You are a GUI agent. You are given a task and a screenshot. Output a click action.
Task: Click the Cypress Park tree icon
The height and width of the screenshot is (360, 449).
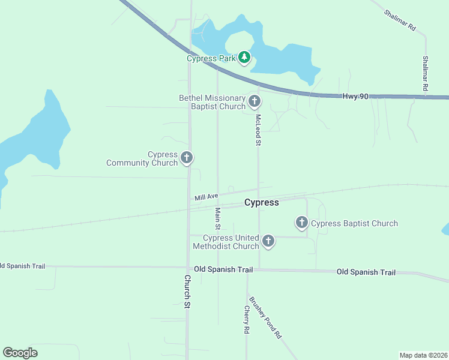click(x=244, y=58)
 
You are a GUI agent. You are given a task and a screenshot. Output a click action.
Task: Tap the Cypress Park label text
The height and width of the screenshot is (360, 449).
click(x=210, y=58)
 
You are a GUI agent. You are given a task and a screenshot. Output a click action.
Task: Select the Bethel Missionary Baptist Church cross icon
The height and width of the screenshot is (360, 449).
click(x=255, y=101)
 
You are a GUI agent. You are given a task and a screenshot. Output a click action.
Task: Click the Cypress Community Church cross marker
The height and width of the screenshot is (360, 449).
click(x=187, y=158)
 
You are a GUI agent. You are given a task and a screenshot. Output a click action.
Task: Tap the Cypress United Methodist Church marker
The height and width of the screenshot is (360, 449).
click(x=268, y=241)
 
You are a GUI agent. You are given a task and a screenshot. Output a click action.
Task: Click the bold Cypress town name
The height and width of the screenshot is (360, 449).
click(x=262, y=202)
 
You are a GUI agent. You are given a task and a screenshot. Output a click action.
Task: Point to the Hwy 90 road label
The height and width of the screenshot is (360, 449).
click(x=355, y=96)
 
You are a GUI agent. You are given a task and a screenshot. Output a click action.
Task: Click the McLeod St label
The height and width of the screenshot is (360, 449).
click(x=258, y=130)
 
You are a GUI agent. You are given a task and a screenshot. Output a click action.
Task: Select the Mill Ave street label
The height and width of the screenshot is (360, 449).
click(x=206, y=197)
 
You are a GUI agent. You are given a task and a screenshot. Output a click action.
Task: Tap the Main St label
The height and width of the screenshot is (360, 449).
click(x=218, y=219)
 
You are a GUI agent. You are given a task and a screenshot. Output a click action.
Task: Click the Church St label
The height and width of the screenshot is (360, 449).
click(x=187, y=292)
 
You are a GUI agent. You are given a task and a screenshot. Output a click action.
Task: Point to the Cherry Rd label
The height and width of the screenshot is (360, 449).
click(x=246, y=319)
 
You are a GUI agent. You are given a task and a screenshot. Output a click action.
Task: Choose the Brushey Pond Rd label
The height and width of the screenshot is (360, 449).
click(x=265, y=318)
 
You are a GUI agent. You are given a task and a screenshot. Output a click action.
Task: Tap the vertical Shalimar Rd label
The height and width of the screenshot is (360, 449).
click(x=425, y=73)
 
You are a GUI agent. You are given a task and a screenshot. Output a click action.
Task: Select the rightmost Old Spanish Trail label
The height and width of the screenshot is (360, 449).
click(x=366, y=272)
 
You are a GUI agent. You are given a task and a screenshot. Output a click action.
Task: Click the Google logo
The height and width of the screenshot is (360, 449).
click(x=20, y=353)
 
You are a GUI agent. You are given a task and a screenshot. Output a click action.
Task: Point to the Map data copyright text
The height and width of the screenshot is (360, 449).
click(x=423, y=355)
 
